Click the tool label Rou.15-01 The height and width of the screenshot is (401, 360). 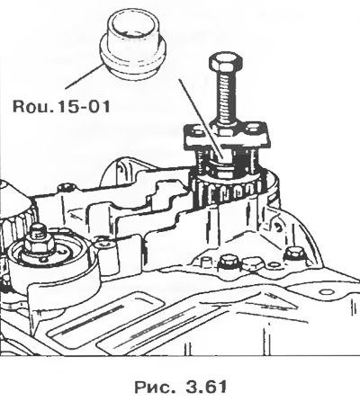coord(61,106)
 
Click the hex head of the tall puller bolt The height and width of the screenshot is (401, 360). coord(225,62)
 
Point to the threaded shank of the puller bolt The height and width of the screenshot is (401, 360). coord(226,97)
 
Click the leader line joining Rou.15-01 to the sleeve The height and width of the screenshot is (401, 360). coord(85,76)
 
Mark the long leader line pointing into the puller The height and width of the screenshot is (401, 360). coord(201,119)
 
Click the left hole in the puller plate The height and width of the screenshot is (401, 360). coord(195,130)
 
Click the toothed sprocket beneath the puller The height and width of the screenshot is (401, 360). coord(229,191)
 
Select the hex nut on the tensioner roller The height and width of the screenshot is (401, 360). coord(40,242)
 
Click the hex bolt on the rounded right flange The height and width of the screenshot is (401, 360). coord(292,254)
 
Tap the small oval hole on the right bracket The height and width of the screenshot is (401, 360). coord(328,292)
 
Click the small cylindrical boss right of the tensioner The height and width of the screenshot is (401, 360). coord(104,245)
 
